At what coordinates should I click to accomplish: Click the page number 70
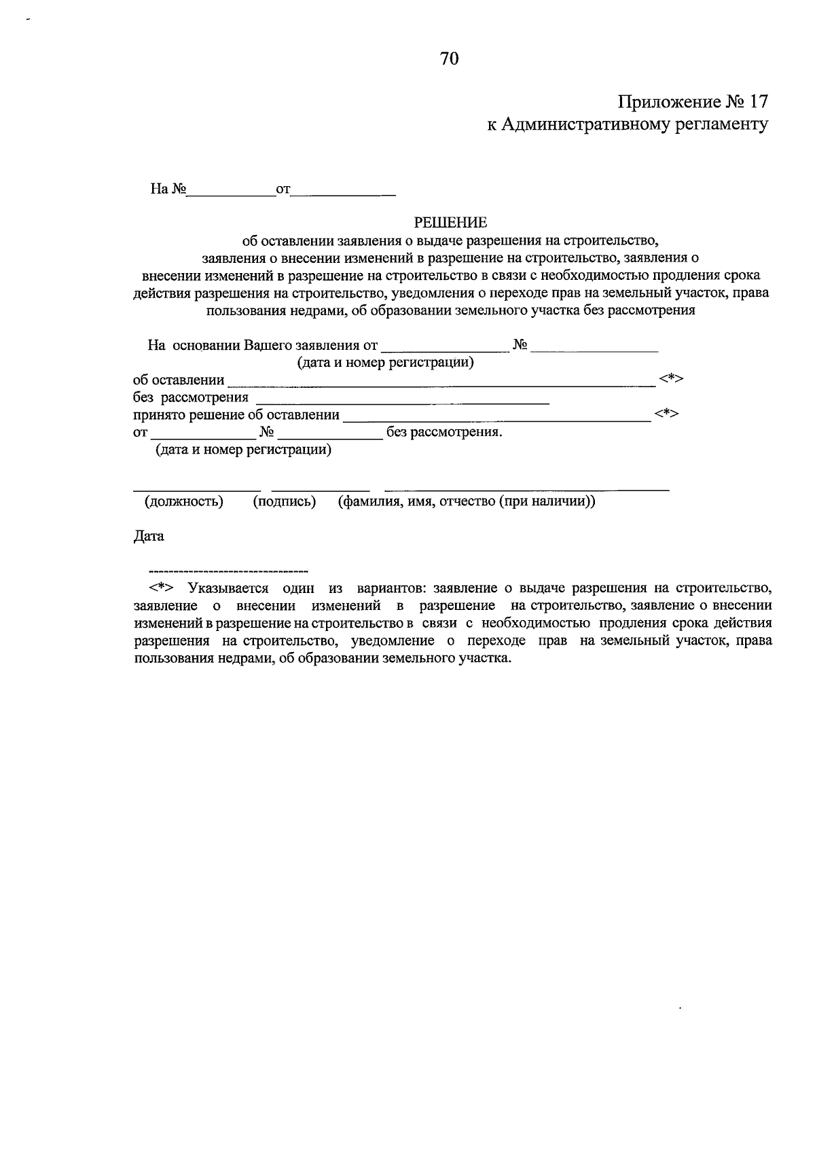click(450, 59)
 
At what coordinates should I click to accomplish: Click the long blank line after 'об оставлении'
click(441, 384)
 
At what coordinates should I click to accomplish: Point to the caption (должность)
click(183, 502)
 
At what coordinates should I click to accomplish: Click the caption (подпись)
click(285, 502)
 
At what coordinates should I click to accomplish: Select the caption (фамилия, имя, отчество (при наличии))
click(467, 502)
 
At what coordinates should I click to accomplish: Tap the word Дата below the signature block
click(149, 536)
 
